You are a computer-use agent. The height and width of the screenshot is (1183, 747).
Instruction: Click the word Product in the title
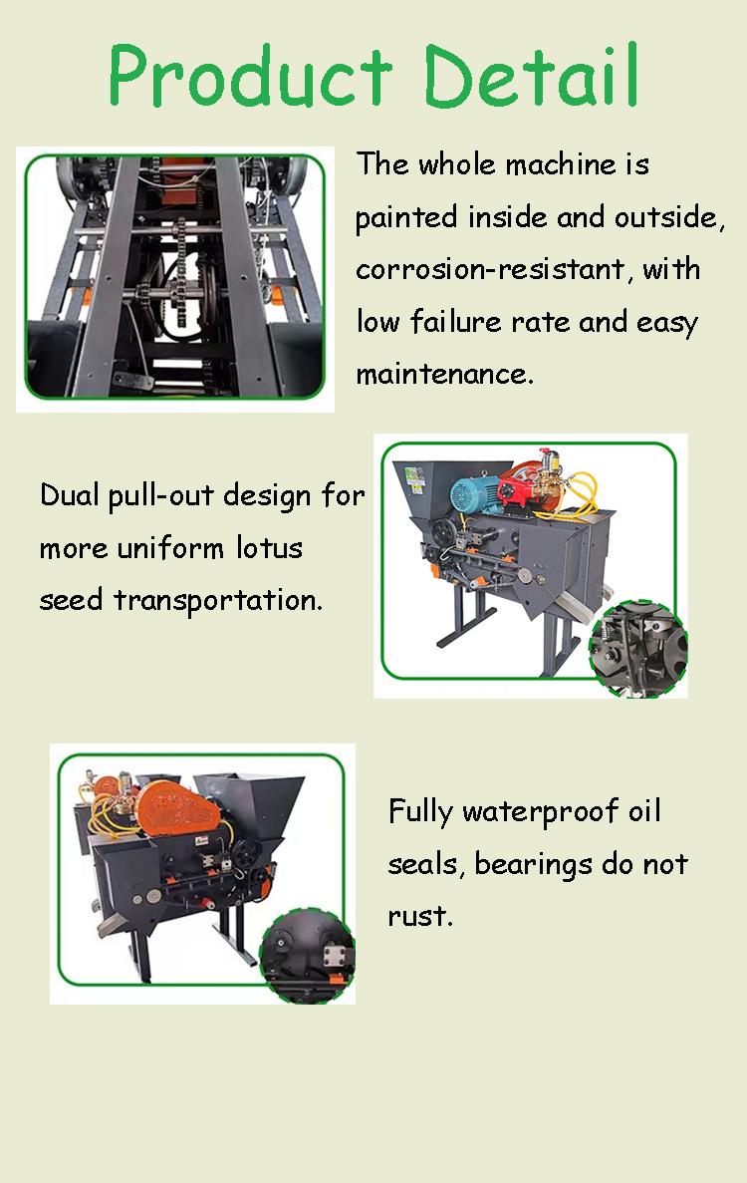[250, 75]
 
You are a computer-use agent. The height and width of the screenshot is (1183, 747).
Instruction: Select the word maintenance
[444, 374]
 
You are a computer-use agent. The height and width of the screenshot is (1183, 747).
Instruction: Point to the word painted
[405, 218]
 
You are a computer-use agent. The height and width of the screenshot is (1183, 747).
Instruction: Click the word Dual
[70, 495]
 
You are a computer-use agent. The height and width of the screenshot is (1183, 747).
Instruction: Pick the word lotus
[269, 547]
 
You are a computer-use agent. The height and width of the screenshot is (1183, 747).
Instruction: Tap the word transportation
[218, 601]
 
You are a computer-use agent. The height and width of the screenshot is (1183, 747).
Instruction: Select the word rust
[420, 916]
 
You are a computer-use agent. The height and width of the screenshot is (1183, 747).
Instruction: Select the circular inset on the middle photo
[638, 649]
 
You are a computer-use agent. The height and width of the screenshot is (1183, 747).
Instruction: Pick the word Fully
[420, 812]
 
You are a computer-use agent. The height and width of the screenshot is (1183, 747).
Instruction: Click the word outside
[668, 217]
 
